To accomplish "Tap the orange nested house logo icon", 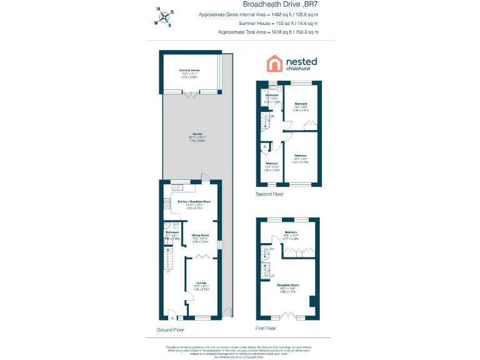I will point(274,64).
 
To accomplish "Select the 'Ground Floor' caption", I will point(171,328).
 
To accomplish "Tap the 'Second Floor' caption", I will point(269,194).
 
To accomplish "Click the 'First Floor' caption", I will point(266,328).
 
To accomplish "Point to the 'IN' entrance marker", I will point(172,318).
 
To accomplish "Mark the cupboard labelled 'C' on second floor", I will point(266,147).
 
